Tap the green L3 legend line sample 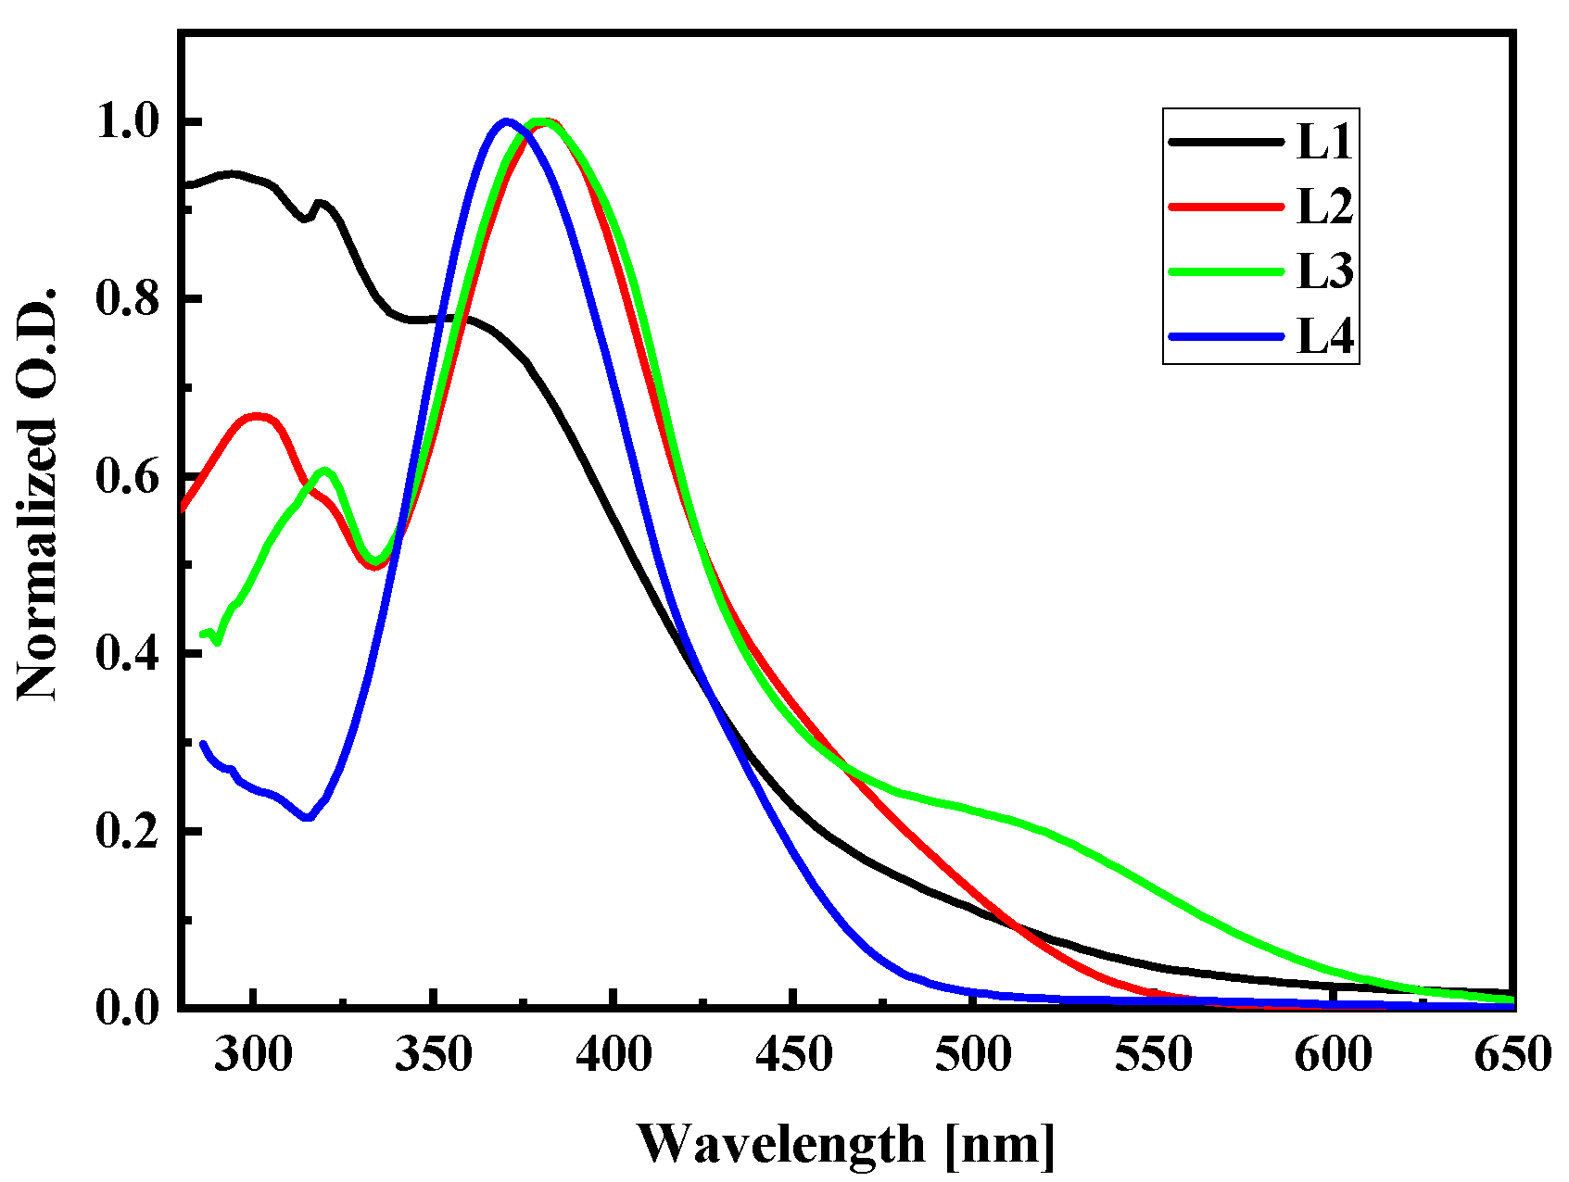coord(1226,271)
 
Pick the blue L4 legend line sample coord(1226,336)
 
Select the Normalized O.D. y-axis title coord(37,493)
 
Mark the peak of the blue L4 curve coord(506,120)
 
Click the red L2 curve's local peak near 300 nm coord(257,416)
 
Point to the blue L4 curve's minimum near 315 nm coord(308,818)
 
